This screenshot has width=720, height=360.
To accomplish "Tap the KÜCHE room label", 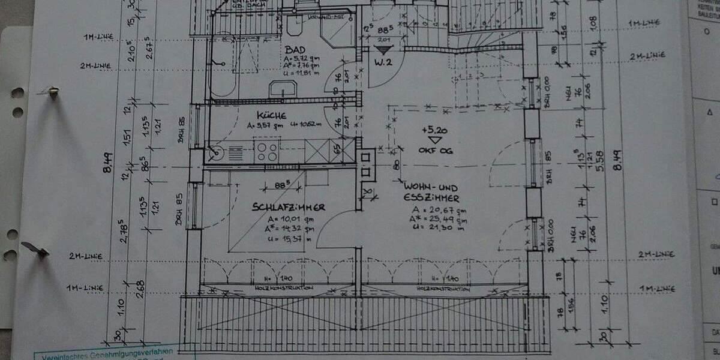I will pos(271,115).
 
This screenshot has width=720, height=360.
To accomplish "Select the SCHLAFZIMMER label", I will pos(289,207).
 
